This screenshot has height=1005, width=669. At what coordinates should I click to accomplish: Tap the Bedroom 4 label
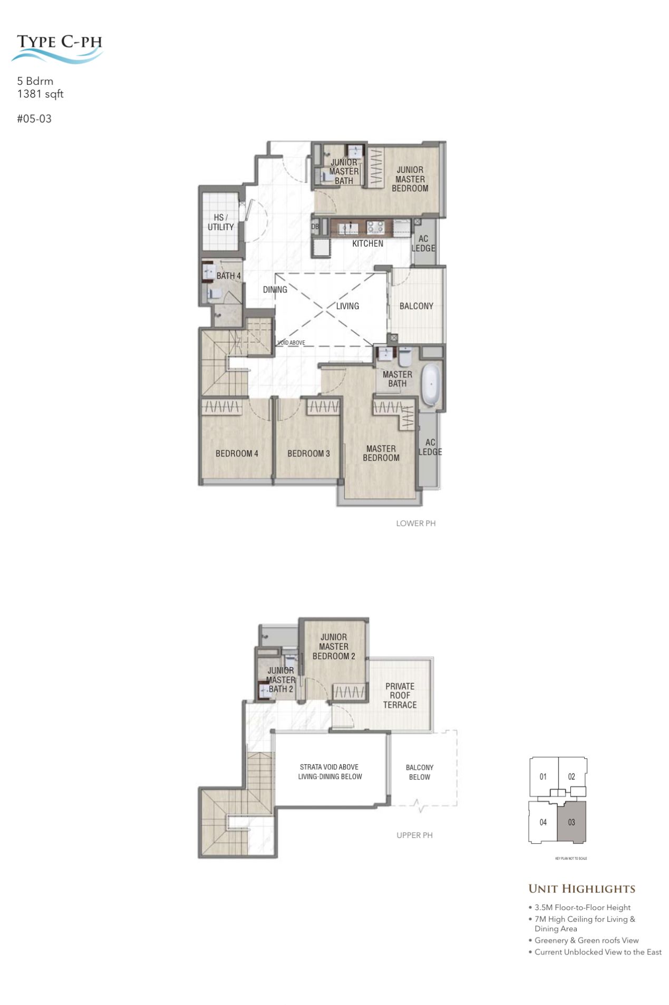(237, 453)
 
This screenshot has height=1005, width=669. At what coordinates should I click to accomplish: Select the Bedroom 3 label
(308, 453)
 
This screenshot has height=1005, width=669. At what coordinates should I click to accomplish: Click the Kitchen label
(367, 243)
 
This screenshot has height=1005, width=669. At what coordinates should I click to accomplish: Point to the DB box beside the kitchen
(315, 227)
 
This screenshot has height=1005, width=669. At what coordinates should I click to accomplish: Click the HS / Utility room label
(220, 222)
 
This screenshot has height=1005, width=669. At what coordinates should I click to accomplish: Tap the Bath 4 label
(228, 276)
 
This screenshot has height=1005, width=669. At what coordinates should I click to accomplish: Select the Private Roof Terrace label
(400, 695)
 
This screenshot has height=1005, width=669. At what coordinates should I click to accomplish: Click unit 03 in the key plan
(571, 822)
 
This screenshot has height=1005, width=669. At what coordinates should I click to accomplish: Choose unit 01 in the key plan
(543, 776)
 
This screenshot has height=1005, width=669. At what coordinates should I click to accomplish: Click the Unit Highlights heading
(581, 889)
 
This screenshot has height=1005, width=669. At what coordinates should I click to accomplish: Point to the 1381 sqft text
(40, 94)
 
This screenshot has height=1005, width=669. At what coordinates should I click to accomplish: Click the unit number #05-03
(34, 119)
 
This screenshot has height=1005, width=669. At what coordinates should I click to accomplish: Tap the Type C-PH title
(59, 42)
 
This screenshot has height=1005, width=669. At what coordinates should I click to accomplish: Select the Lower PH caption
(416, 523)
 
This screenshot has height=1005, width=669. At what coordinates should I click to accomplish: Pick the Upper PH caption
(414, 835)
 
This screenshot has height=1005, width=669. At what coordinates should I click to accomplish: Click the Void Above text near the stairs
(291, 343)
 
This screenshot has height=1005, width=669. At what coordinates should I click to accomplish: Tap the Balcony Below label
(420, 772)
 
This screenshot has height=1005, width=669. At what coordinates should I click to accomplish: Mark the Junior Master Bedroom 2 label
(334, 647)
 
